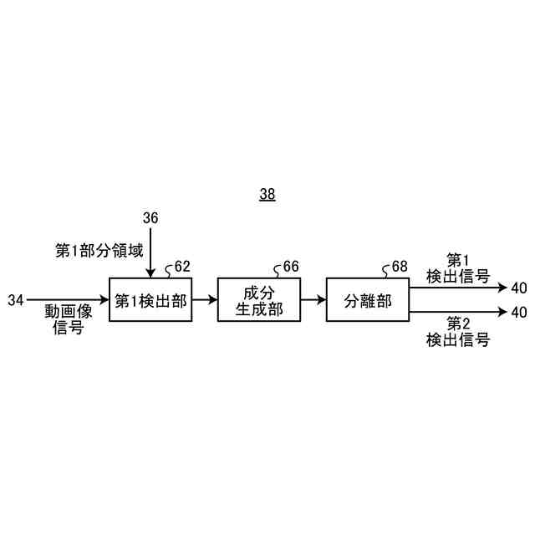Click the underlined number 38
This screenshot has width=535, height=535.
(x=267, y=195)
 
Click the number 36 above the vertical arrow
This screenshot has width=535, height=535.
(x=150, y=218)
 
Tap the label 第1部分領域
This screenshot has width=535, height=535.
(x=99, y=250)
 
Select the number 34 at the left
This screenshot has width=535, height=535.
(x=17, y=298)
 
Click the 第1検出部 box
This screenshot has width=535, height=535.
(x=150, y=300)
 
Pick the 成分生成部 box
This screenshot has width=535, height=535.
(x=258, y=300)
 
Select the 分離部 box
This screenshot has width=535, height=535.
(x=368, y=300)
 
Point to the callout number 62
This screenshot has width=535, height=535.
(x=181, y=267)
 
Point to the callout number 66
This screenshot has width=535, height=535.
(x=290, y=267)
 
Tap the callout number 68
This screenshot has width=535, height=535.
(x=399, y=267)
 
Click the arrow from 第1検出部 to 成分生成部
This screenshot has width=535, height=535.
(x=204, y=298)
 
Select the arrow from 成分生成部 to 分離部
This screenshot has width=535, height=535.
(x=313, y=298)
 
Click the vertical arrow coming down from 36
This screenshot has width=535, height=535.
(x=150, y=251)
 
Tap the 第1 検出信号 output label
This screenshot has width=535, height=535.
(x=457, y=268)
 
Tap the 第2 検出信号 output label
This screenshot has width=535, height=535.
(x=457, y=331)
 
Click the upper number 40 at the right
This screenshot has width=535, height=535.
(x=518, y=288)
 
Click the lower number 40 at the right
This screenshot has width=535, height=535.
(x=518, y=313)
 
